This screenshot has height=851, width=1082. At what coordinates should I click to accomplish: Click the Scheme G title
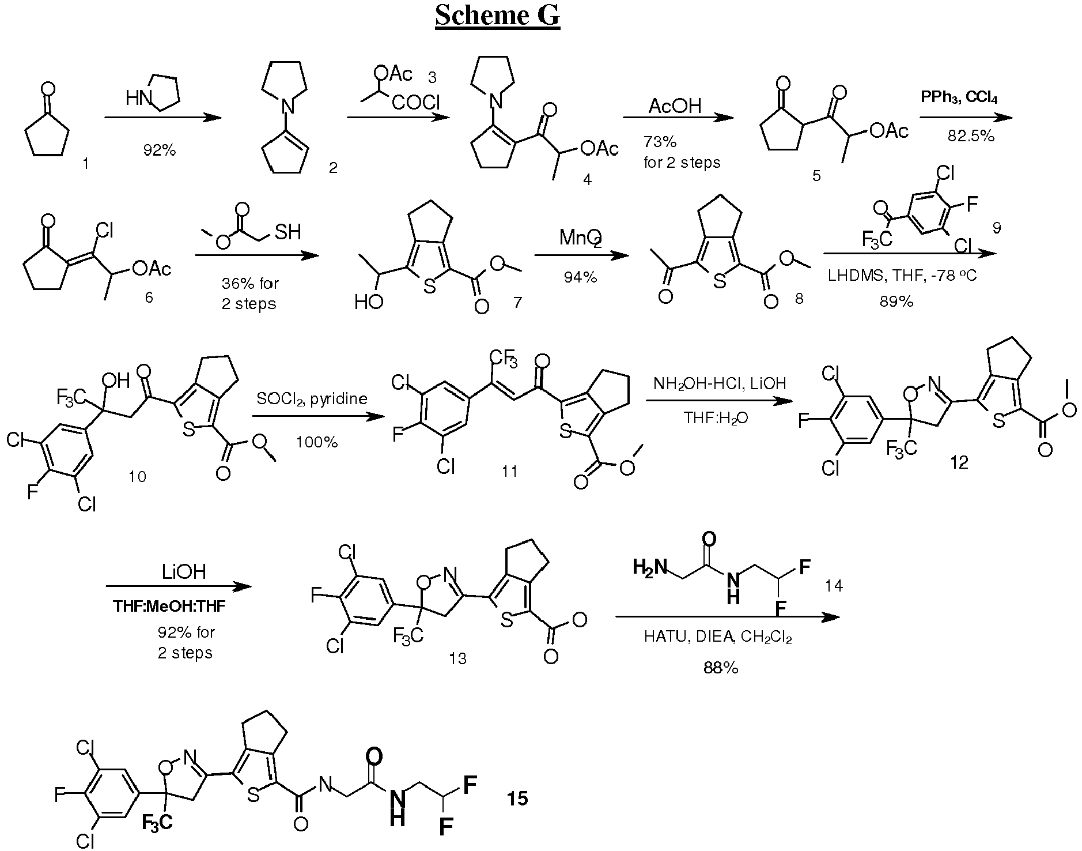point(497,16)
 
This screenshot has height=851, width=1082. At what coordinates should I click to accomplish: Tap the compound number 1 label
point(86,164)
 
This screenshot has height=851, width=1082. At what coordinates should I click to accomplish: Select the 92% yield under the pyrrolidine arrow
point(160,150)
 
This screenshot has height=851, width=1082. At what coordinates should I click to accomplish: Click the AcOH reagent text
point(675,106)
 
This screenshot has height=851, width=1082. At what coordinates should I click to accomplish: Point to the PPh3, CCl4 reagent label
point(959,97)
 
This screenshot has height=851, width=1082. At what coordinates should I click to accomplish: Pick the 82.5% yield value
point(971,135)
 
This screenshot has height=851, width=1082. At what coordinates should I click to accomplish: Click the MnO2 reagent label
point(581,238)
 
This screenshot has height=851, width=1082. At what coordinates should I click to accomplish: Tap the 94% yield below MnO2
point(580,277)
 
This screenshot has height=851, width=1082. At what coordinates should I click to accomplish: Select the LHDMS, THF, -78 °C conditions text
point(902,275)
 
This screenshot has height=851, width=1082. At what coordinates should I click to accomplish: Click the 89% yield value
point(896,302)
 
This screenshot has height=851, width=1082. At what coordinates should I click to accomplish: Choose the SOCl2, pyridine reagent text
point(312,399)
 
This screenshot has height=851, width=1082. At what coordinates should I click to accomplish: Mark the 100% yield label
point(317,442)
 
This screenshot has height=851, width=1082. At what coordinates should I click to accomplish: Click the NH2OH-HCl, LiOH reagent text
point(720,383)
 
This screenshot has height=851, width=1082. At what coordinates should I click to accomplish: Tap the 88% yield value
point(721,668)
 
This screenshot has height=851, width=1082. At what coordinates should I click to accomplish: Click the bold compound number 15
point(517,799)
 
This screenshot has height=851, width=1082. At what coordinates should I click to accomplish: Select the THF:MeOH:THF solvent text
point(170,607)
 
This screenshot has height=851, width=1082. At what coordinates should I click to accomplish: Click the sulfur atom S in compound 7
point(429,287)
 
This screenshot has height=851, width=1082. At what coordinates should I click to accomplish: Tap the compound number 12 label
point(959,462)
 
